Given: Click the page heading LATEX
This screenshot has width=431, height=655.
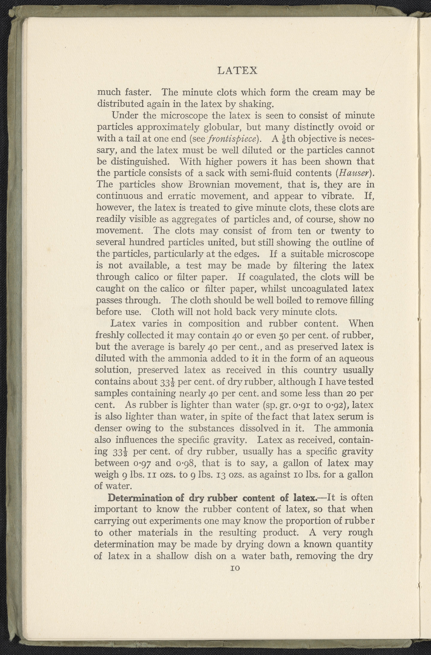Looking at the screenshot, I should coord(237,71).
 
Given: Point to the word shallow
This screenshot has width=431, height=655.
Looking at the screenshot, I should coord(172,556).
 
